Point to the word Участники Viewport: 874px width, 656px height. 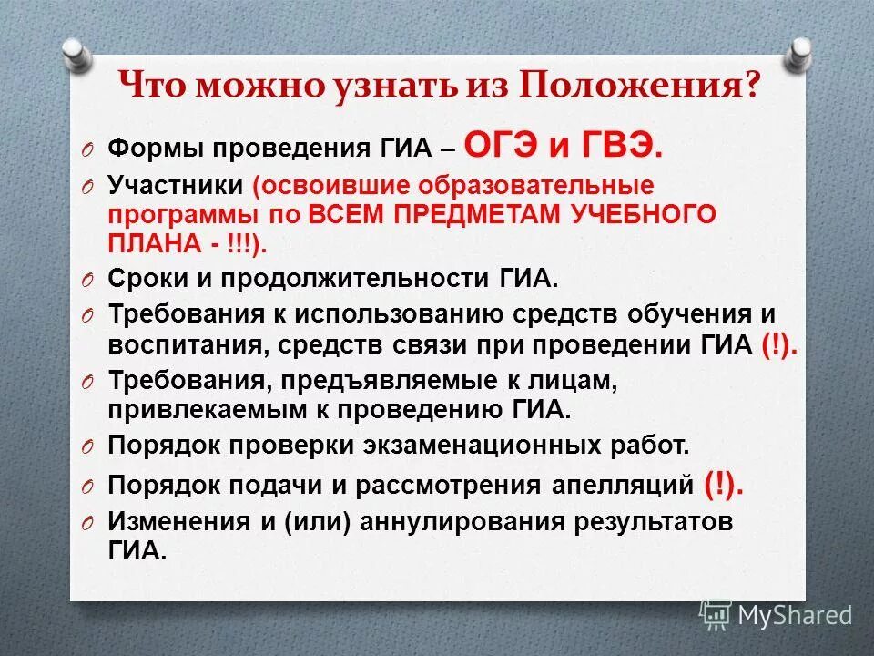[175, 186]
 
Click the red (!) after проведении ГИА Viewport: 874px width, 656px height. [777, 346]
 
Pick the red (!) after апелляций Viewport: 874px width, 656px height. [723, 485]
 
